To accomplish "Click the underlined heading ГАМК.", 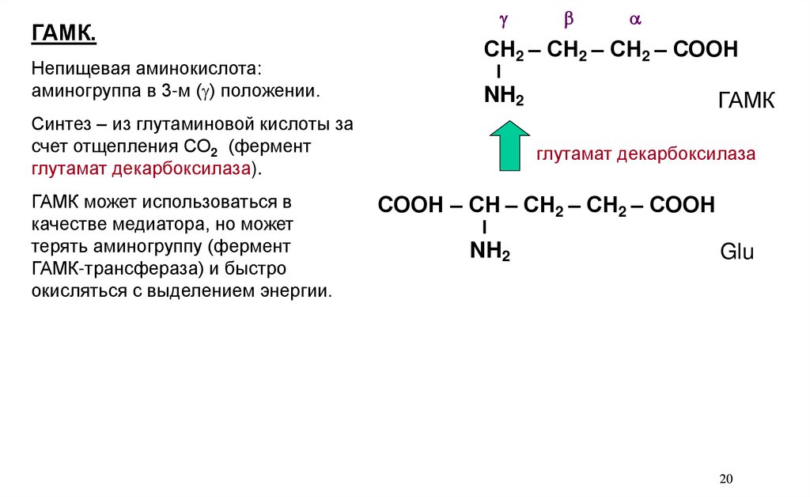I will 64,34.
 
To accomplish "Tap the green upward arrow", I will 509,146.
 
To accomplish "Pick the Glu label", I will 736,253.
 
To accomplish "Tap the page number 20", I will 727,479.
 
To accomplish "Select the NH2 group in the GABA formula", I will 504,98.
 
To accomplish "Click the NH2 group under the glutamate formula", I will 490,252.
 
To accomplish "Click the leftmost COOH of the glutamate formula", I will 410,206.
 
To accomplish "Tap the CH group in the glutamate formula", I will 484,206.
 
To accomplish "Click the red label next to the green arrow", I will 645,154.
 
